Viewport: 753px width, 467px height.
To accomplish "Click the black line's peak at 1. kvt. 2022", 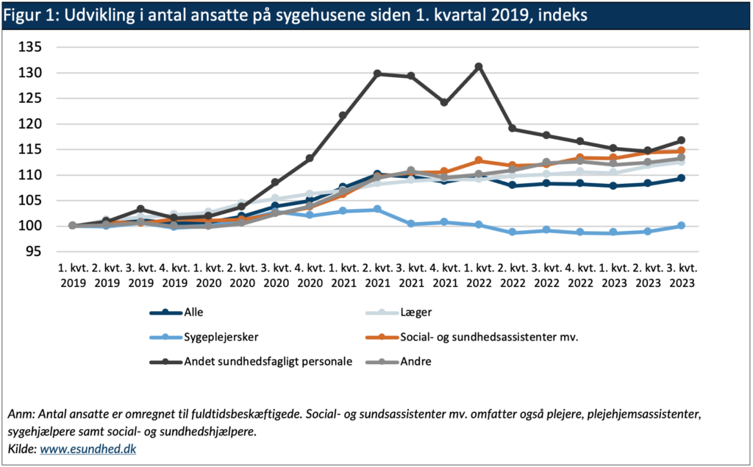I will point(479,67).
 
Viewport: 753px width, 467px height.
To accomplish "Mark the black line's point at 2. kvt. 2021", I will point(377,74).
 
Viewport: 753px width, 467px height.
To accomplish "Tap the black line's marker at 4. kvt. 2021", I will point(445,102).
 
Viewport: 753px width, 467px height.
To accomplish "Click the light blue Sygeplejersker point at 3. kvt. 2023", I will point(681,226).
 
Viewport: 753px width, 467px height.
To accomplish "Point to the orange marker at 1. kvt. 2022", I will point(479,160).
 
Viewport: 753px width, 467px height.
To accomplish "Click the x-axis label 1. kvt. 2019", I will point(72,274).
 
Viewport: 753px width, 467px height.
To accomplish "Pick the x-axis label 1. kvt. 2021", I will point(343,274).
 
